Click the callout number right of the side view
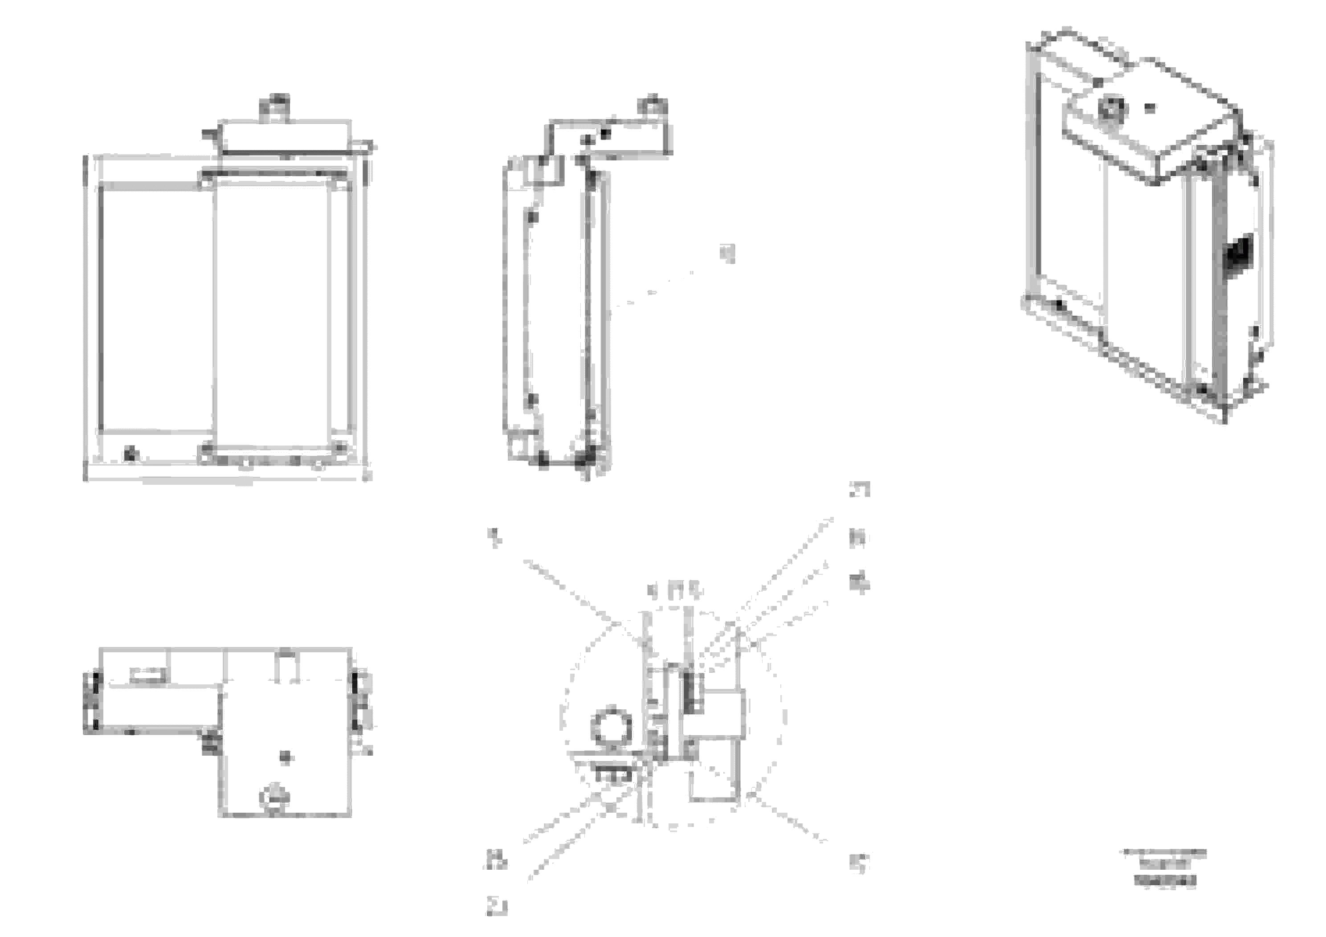(730, 253)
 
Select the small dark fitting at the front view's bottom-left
(131, 454)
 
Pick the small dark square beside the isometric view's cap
(1150, 107)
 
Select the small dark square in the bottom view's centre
(286, 757)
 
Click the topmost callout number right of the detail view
(859, 490)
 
